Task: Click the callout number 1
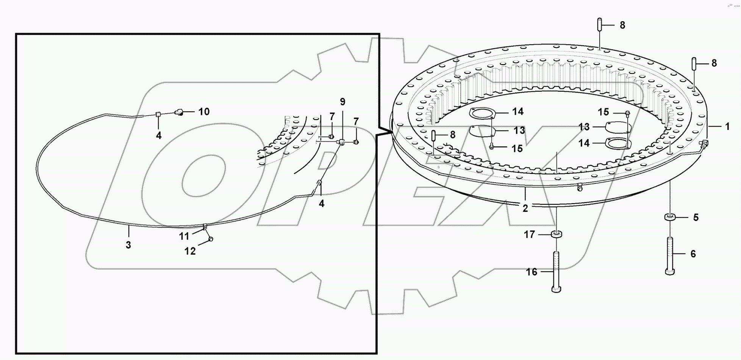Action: coord(727,126)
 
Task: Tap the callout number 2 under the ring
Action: coord(525,208)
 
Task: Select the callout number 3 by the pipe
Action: coord(128,245)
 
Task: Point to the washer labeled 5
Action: coord(670,217)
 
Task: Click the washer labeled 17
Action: coord(556,234)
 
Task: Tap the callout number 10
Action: coord(204,111)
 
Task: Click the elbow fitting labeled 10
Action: coord(179,112)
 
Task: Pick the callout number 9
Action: coord(342,102)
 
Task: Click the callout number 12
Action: coord(190,251)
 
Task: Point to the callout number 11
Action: coord(184,236)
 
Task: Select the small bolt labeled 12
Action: coord(211,239)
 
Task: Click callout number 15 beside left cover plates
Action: coord(517,149)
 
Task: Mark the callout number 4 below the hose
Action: coord(321,203)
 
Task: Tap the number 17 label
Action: coord(529,235)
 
